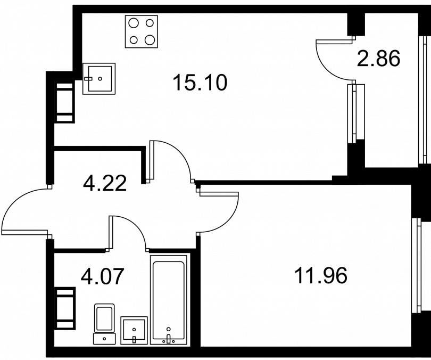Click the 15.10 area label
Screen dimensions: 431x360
(x=200, y=83)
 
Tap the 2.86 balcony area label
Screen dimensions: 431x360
(x=378, y=59)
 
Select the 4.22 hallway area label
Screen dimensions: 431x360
(x=105, y=183)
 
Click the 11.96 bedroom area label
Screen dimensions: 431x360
(x=321, y=275)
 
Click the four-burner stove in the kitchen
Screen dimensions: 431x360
(x=142, y=31)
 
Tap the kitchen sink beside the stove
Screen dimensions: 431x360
(x=99, y=78)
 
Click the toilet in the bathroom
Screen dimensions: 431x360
(x=104, y=324)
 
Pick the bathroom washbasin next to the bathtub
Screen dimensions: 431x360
(x=134, y=330)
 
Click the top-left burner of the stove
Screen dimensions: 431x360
(x=134, y=23)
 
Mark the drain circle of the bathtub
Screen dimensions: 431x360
(x=169, y=329)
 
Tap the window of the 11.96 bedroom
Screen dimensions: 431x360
(x=418, y=266)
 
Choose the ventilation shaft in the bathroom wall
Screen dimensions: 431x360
(x=65, y=308)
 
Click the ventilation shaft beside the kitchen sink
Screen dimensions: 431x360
(x=64, y=102)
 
